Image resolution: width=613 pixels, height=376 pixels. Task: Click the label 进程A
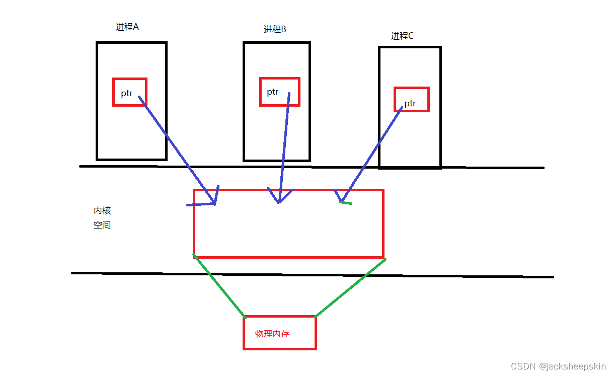(127, 27)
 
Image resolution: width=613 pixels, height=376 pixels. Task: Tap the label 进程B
(275, 29)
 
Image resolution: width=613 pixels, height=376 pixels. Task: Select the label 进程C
(402, 36)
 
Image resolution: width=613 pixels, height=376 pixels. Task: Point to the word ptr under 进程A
(126, 93)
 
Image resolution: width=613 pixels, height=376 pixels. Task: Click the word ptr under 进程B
(272, 92)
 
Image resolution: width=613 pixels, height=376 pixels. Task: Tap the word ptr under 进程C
(410, 104)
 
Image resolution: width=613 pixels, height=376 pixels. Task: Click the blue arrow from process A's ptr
(176, 149)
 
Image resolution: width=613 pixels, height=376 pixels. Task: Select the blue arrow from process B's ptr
(284, 146)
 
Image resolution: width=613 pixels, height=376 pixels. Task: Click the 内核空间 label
(102, 218)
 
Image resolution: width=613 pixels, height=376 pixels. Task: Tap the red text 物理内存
(272, 334)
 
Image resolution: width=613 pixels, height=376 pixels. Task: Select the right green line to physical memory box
(350, 288)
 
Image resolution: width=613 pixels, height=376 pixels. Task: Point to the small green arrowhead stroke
(346, 203)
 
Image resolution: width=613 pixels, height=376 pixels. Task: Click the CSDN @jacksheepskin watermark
(558, 366)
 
